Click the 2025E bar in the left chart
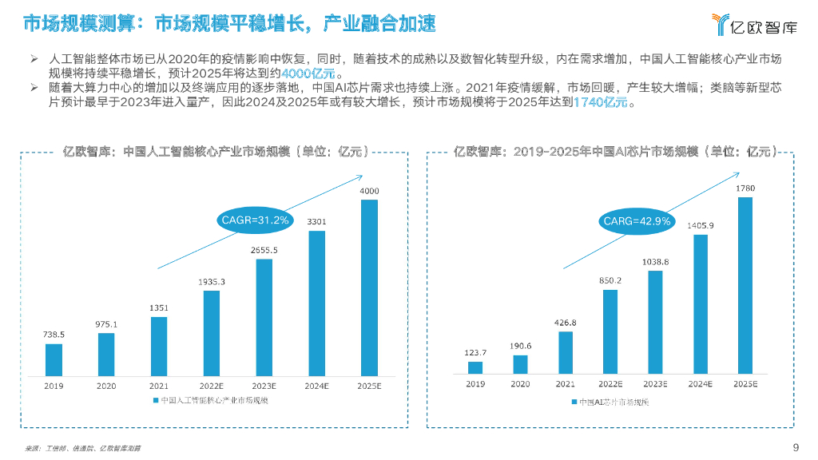pos(369,287)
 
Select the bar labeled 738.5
pos(54,359)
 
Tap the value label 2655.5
pos(264,250)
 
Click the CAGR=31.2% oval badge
pos(255,219)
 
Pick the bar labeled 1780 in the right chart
pos(745,285)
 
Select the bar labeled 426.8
pos(566,352)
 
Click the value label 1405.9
pos(700,226)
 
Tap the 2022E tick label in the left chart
pos(212,385)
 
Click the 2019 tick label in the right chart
pos(475,384)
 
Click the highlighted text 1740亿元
pos(601,104)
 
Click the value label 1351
pos(159,309)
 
